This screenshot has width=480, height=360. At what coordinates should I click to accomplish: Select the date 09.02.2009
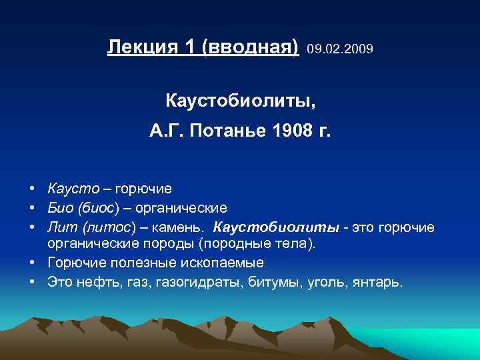pos(340,49)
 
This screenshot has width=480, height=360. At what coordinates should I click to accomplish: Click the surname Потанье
pos(229,130)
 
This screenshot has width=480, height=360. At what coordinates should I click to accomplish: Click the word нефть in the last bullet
pos(91,282)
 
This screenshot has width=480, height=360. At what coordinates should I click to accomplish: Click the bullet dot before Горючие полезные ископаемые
pos(32,263)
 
